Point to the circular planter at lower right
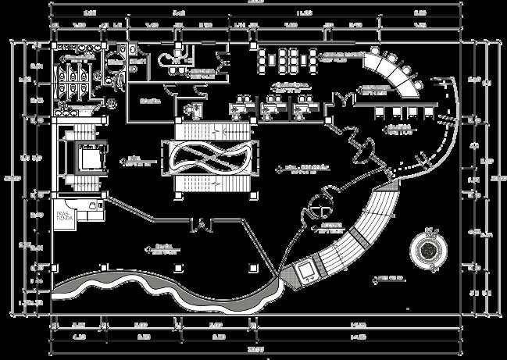pyautogui.click(x=429, y=248)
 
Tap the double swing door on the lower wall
pyautogui.click(x=199, y=226)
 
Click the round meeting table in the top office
pyautogui.click(x=166, y=61)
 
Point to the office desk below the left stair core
pyautogui.click(x=92, y=205)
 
